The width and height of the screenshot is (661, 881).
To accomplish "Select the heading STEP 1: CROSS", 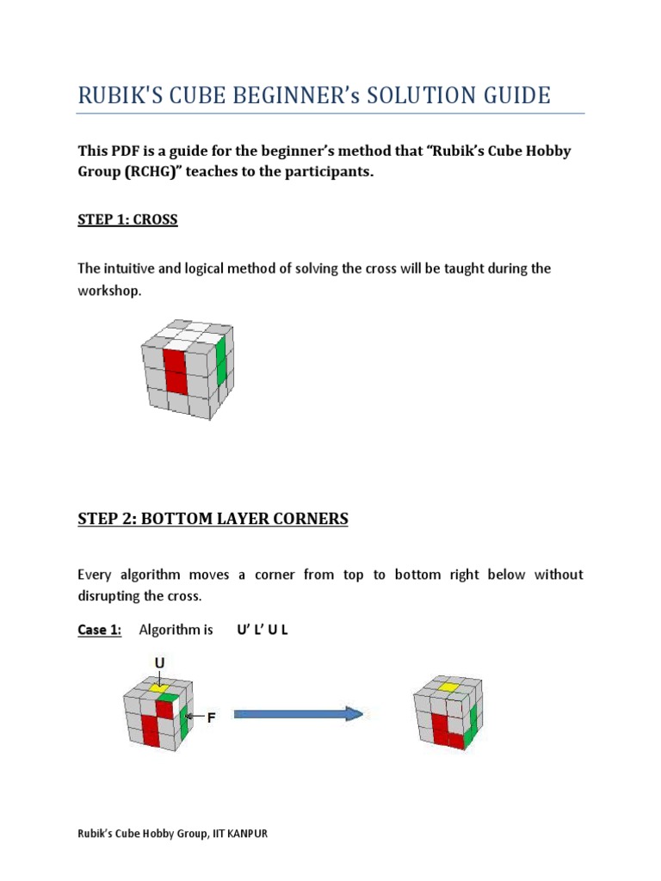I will pos(127,219).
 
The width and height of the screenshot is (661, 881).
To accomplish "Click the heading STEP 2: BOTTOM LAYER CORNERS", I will pos(213,519).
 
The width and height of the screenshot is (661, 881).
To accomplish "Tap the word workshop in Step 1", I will pos(106,291).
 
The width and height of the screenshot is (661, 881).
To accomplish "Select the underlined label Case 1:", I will pos(100,630).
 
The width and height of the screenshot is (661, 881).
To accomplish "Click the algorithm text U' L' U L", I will pos(263,630).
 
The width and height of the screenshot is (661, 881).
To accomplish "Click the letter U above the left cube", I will pos(159,662).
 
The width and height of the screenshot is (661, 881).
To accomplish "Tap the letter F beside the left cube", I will pos(210,716).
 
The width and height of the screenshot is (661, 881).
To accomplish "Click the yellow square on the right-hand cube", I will pos(448,687).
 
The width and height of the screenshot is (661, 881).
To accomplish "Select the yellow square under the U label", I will pos(158,687).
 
